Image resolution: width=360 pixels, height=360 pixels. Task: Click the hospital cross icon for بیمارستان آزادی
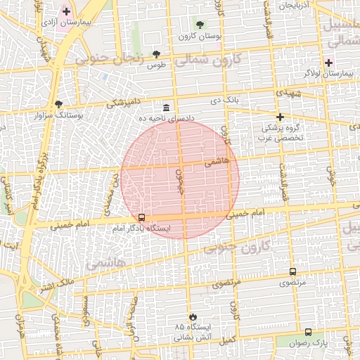pyautogui.click(x=66, y=11)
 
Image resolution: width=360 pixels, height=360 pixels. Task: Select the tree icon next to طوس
pyautogui.click(x=156, y=54)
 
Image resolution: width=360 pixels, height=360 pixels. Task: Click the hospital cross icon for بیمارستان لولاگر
pyautogui.click(x=328, y=62)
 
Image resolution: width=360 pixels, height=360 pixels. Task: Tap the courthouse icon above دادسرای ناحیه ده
pyautogui.click(x=165, y=108)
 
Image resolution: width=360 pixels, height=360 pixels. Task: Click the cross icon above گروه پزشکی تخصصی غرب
pyautogui.click(x=280, y=117)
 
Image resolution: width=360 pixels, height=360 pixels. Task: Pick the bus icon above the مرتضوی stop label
pyautogui.click(x=292, y=271)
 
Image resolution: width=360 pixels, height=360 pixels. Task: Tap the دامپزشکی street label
pyautogui.click(x=122, y=103)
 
